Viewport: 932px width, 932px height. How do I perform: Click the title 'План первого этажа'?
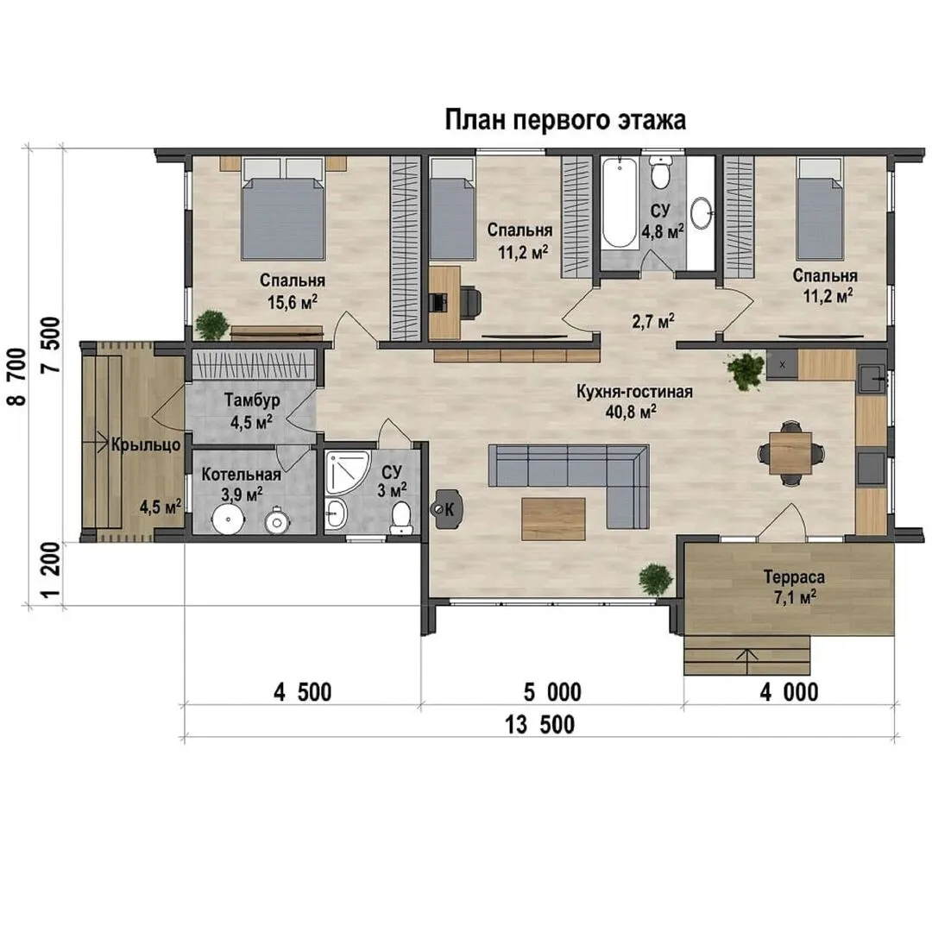565,120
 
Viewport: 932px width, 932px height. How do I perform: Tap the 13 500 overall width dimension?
539,725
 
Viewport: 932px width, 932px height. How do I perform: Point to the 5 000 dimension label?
552,692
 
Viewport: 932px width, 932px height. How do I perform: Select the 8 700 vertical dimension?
17,376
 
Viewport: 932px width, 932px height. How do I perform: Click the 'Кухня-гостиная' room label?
634,392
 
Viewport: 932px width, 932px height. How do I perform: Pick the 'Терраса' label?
794,576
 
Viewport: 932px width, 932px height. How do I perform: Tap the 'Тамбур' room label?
252,400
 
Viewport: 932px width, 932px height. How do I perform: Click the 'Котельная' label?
241,475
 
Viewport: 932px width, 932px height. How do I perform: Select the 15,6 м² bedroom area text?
293,301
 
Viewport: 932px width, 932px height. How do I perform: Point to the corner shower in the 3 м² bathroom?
347,472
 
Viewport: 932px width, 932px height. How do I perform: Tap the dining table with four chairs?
790,454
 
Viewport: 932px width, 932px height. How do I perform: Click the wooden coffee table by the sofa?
553,519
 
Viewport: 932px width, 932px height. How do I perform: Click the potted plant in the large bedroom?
211,325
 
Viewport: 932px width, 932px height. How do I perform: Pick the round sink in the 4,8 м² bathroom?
702,212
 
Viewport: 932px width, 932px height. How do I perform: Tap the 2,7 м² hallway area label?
653,322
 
